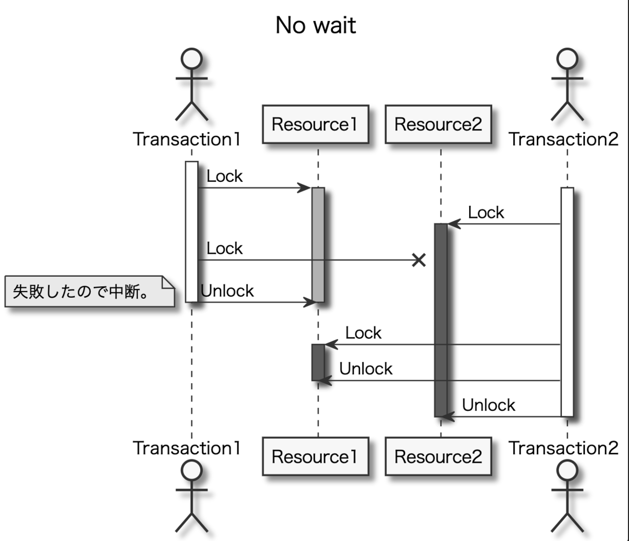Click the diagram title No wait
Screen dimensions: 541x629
316,25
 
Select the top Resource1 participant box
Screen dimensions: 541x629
315,124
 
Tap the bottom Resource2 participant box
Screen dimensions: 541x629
438,457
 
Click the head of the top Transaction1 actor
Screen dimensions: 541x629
191,59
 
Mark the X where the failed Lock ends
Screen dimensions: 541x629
418,260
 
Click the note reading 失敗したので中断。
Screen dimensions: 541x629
89,291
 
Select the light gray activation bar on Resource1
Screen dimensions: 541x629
318,244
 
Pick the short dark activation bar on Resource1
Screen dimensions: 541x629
318,362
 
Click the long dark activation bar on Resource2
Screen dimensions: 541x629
441,320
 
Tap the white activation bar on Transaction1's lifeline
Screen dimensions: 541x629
191,232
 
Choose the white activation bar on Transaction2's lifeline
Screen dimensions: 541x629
567,301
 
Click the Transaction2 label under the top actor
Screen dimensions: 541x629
563,139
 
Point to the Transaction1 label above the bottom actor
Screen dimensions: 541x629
187,448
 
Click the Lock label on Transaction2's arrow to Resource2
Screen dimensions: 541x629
486,212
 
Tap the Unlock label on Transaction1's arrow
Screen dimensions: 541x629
227,290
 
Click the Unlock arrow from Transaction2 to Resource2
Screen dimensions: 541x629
503,417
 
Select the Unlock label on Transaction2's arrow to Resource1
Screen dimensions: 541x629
366,369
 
